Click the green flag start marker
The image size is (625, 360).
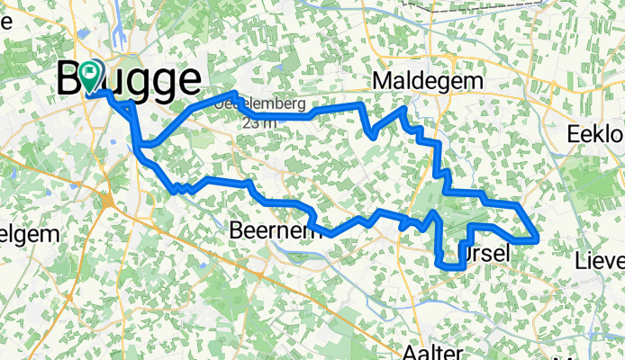(x=94, y=77)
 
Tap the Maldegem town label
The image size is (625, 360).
(x=427, y=82)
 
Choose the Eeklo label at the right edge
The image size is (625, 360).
(x=597, y=134)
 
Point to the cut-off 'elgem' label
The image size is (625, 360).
(x=29, y=234)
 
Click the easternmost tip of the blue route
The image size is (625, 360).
(x=538, y=238)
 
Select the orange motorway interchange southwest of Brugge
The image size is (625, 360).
(x=107, y=200)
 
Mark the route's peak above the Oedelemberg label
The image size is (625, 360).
(x=234, y=94)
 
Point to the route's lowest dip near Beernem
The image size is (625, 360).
(x=331, y=234)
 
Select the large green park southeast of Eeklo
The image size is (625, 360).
(x=594, y=180)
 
